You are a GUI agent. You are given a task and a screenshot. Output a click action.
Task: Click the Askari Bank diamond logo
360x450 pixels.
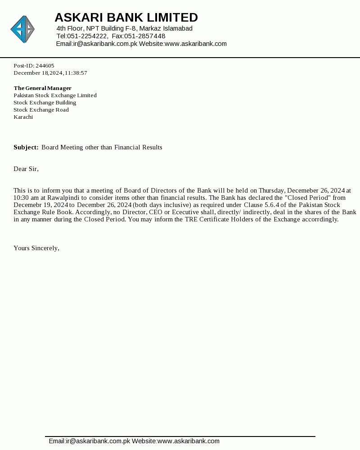(x=22, y=29)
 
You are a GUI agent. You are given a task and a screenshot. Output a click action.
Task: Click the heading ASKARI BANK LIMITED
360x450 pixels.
(x=126, y=18)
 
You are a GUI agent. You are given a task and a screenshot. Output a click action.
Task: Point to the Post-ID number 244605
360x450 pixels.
(x=45, y=66)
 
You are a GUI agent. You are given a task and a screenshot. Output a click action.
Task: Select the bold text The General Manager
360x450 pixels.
(x=42, y=88)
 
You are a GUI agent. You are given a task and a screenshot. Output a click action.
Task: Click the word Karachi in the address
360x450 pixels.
(x=23, y=117)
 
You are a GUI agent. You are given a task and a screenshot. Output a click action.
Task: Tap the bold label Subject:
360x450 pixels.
(x=26, y=148)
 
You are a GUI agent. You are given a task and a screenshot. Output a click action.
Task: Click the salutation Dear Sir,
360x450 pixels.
(x=26, y=169)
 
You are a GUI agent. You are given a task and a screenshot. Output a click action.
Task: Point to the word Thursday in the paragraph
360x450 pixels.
(x=271, y=191)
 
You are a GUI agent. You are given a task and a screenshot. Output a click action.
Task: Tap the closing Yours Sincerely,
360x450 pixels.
(x=36, y=248)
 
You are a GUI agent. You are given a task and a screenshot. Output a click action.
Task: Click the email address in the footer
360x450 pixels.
(x=89, y=441)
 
